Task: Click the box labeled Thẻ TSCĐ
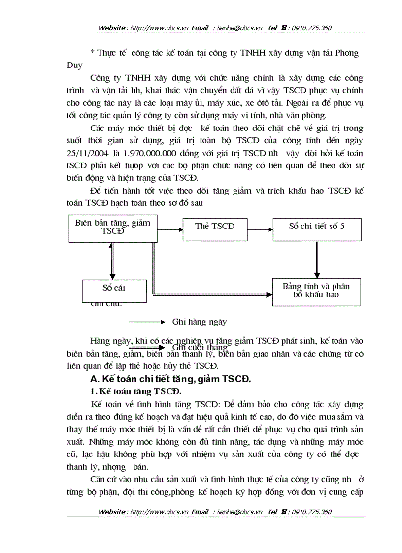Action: [x=215, y=227]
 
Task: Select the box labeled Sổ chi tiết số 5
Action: [x=317, y=227]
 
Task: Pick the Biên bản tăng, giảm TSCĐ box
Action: [x=113, y=227]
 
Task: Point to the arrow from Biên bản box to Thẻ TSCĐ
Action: [x=169, y=229]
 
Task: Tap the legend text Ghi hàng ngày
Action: [x=200, y=322]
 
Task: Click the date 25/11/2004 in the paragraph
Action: [x=85, y=153]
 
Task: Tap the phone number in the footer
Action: [x=311, y=512]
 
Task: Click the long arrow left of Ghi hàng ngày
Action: [x=146, y=322]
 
